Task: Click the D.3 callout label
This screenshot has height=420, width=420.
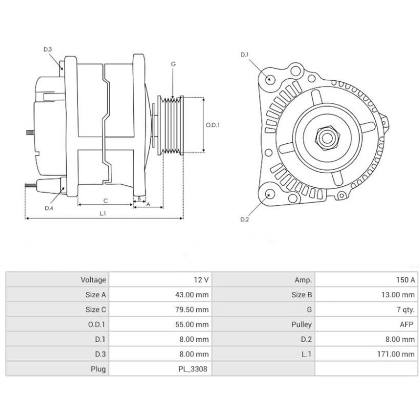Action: tap(47, 49)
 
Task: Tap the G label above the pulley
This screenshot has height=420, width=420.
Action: tap(173, 64)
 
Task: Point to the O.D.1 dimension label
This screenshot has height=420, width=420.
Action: tap(212, 125)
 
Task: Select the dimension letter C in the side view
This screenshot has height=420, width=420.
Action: tap(106, 200)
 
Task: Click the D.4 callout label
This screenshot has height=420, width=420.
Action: tap(48, 208)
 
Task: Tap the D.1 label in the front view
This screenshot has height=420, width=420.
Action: tap(244, 55)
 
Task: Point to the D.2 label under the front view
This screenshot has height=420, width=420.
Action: tap(244, 219)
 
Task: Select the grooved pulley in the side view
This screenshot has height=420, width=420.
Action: tap(172, 124)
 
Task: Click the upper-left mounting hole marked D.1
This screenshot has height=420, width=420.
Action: tap(270, 79)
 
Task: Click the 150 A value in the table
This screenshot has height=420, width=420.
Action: tap(405, 280)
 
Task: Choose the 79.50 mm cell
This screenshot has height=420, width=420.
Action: tap(194, 310)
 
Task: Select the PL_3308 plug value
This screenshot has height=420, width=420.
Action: tap(194, 369)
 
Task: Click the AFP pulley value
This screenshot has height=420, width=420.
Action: tap(406, 324)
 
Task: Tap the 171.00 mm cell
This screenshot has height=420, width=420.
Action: tap(398, 354)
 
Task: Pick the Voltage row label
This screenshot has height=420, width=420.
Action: tap(93, 280)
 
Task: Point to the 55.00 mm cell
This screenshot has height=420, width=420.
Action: tap(194, 324)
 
